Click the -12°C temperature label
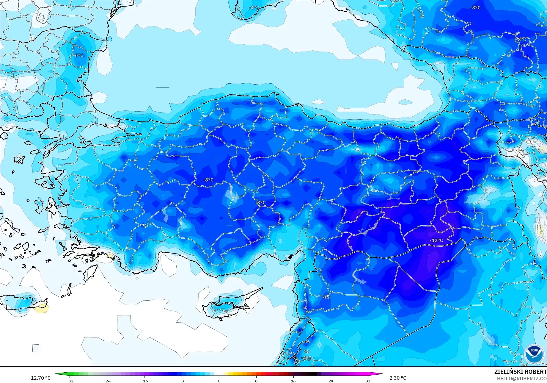pos(436,240)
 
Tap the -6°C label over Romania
pos(78,55)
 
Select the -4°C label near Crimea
pos(254,8)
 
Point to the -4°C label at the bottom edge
pos(306,358)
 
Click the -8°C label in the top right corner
pos(475,8)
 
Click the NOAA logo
pos(534,354)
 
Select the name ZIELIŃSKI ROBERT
pos(520,372)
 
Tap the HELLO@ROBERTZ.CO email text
pos(522,379)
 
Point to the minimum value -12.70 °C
pos(40,378)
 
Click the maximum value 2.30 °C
pos(398,378)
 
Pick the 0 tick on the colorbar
pos(219,381)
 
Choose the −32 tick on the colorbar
pos(70,381)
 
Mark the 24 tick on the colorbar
pos(331,381)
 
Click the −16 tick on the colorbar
pos(144,381)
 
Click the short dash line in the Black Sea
pos(163,87)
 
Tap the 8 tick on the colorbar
pos(256,381)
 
